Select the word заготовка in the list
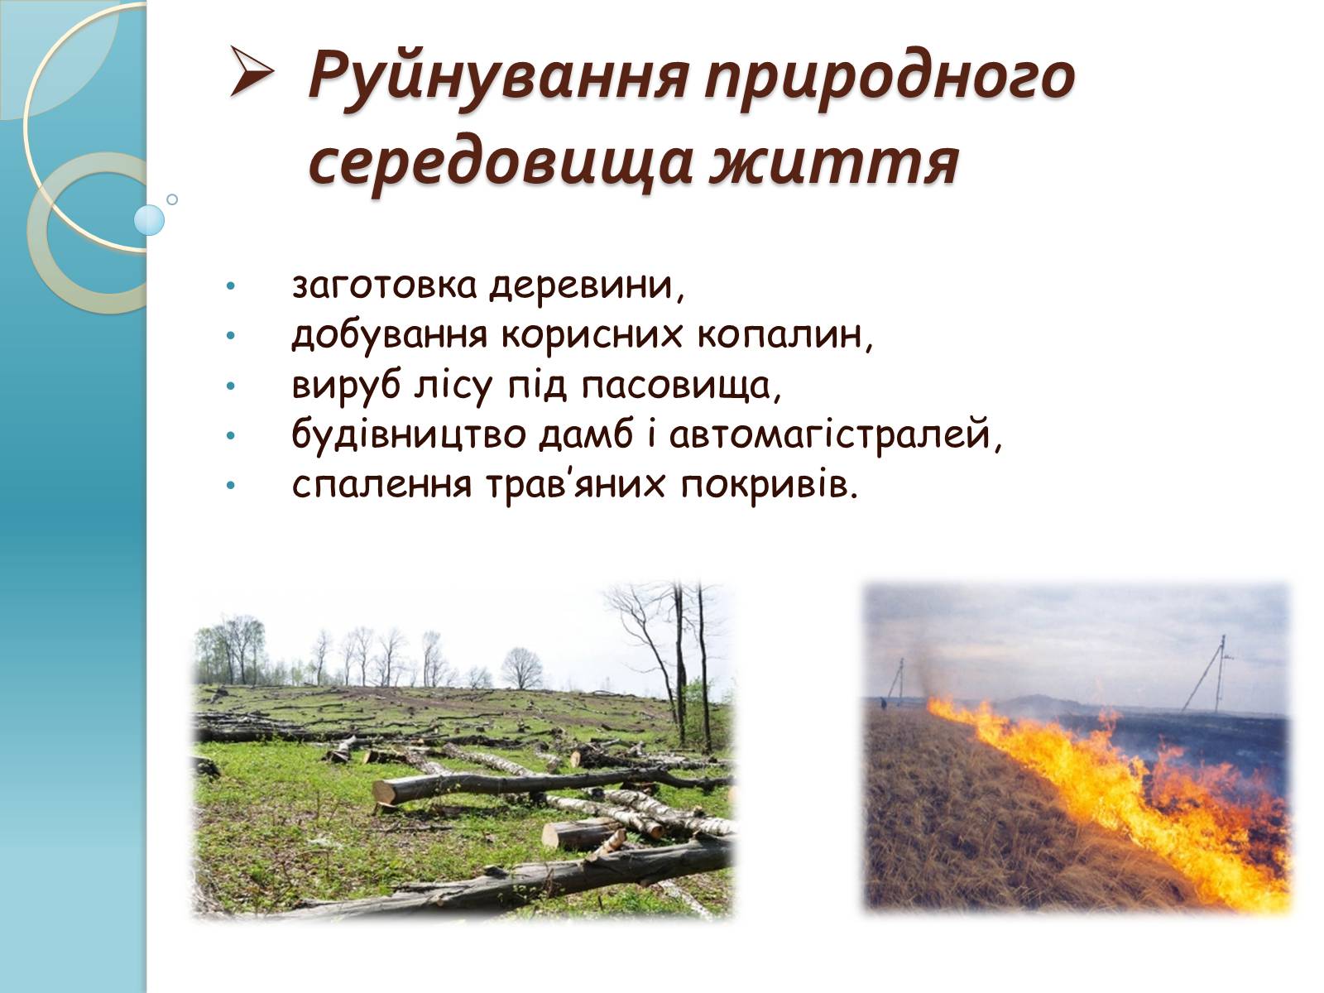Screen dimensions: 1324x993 384,285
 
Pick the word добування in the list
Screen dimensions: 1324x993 389,335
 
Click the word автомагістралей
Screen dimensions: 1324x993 835,435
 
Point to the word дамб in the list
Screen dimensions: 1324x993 586,435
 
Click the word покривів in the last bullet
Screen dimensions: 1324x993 768,485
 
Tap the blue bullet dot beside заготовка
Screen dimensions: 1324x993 230,285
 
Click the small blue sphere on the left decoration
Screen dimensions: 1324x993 148,220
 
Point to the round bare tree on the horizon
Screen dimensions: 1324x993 522,668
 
